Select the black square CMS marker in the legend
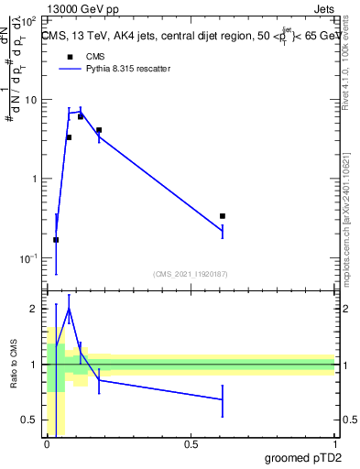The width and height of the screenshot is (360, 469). click(68, 56)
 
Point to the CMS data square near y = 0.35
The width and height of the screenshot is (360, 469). click(223, 216)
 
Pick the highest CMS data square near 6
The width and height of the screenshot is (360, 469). click(81, 116)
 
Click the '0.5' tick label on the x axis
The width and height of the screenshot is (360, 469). click(190, 443)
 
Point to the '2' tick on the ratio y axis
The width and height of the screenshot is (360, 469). click(36, 310)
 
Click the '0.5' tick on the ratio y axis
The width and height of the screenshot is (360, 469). click(31, 420)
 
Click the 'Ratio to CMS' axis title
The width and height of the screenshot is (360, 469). click(13, 365)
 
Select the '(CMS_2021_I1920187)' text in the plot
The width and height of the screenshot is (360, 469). click(191, 273)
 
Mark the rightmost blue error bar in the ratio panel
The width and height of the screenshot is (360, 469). click(223, 399)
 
